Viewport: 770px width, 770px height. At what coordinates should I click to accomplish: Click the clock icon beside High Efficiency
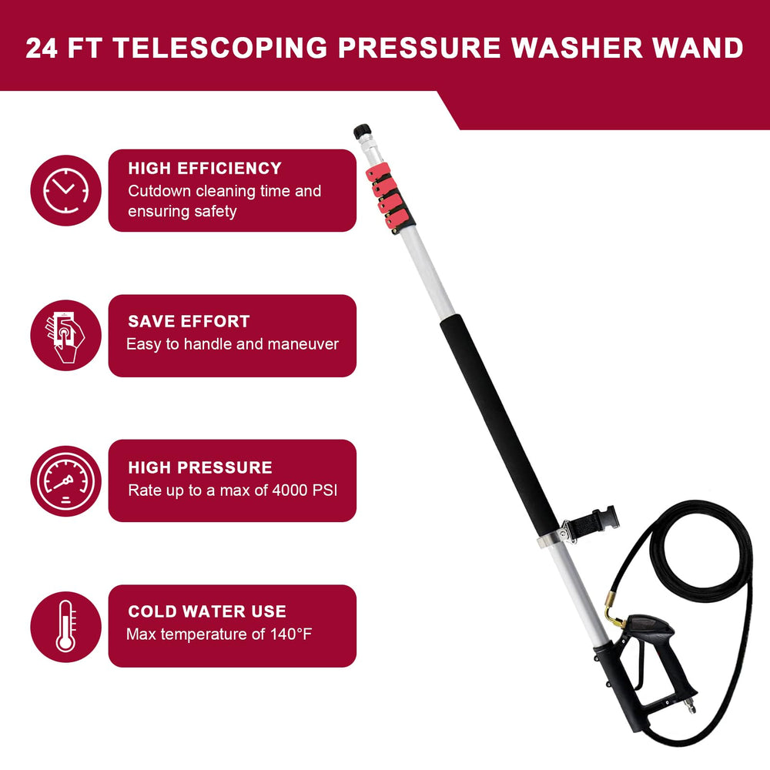click(65, 190)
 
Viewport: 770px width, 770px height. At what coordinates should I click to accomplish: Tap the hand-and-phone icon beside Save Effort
click(65, 336)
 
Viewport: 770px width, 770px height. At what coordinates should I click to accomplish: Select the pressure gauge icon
click(65, 480)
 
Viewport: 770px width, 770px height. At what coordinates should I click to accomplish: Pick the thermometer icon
click(65, 627)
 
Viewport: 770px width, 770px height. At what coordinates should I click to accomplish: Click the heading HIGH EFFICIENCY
click(205, 169)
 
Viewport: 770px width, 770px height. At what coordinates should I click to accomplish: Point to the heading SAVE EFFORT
click(189, 321)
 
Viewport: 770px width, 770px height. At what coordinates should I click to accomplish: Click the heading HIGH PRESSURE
click(200, 467)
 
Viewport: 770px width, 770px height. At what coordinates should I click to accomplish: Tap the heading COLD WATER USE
click(206, 611)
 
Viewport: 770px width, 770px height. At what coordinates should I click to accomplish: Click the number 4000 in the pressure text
click(290, 490)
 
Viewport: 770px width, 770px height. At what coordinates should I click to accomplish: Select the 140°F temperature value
click(291, 634)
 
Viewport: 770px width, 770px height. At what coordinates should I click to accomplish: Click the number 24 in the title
click(42, 48)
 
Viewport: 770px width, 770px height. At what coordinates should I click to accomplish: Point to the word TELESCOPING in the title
click(220, 48)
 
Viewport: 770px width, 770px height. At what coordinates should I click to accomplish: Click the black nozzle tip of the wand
click(363, 132)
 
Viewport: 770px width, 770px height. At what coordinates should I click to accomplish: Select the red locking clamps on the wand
click(390, 197)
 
